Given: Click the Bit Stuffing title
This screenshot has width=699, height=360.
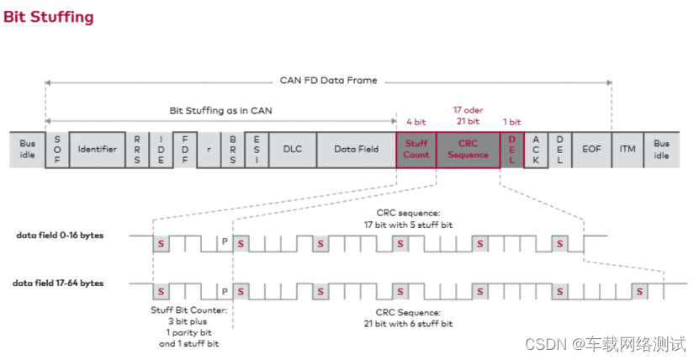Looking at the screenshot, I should click(x=49, y=17).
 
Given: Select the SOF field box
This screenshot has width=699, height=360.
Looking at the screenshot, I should click(x=57, y=149).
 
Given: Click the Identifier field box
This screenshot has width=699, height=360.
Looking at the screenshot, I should click(x=97, y=149).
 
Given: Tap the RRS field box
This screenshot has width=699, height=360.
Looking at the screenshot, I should click(x=136, y=149).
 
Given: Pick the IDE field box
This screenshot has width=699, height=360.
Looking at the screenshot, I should click(x=161, y=149).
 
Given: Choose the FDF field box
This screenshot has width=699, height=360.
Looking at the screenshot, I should click(x=184, y=149).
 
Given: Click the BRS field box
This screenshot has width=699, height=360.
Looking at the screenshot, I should click(x=232, y=149).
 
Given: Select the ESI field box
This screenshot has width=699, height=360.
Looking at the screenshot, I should click(x=256, y=149).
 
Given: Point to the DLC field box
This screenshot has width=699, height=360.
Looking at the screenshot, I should click(x=292, y=149).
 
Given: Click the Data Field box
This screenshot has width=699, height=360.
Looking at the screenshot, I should click(x=356, y=149).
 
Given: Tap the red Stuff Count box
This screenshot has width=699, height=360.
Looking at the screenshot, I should click(x=416, y=149).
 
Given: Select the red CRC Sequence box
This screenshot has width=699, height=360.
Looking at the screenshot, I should click(x=468, y=149).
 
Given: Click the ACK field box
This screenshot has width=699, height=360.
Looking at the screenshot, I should click(x=535, y=149).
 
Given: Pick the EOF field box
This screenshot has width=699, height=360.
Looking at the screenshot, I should click(x=590, y=149).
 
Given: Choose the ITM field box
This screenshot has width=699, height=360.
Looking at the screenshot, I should click(x=628, y=149).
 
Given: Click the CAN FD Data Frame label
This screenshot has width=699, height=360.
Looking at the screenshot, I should click(x=329, y=81).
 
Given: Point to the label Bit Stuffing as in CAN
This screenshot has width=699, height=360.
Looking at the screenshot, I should click(x=220, y=111).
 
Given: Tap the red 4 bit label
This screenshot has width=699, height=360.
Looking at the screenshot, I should click(x=416, y=122).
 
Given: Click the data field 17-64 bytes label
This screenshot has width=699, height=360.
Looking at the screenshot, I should click(x=60, y=283).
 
